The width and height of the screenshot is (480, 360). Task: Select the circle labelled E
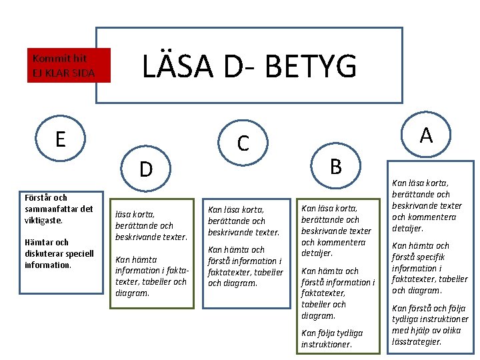[61, 139]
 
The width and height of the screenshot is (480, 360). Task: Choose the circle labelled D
[146, 169]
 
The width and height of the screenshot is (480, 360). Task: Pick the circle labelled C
[243, 142]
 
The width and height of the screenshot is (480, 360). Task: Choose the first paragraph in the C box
[244, 220]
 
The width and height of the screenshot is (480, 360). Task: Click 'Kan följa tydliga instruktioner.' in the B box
[332, 338]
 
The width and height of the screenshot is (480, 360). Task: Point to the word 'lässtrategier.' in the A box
[417, 341]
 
